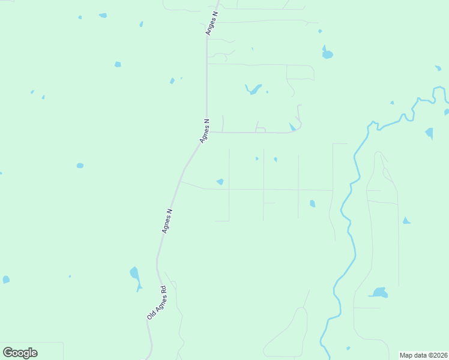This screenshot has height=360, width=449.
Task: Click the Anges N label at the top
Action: pyautogui.click(x=212, y=23)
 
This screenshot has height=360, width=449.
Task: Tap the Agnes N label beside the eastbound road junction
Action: pyautogui.click(x=205, y=131)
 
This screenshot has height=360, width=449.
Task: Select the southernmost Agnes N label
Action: pyautogui.click(x=167, y=221)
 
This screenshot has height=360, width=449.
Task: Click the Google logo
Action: pyautogui.click(x=20, y=352)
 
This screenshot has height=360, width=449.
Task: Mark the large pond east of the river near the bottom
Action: pyautogui.click(x=378, y=293)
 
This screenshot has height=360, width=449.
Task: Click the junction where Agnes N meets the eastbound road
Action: pyautogui.click(x=207, y=132)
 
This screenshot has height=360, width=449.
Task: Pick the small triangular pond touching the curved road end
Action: pyautogui.click(x=292, y=127)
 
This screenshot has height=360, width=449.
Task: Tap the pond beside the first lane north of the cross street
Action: pyautogui.click(x=220, y=182)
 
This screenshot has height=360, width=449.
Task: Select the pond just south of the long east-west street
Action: pyautogui.click(x=312, y=204)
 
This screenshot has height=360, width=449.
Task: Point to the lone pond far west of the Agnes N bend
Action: pyautogui.click(x=80, y=166)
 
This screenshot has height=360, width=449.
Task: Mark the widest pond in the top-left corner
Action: pyautogui.click(x=103, y=16)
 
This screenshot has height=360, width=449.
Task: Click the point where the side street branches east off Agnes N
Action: pyautogui.click(x=181, y=182)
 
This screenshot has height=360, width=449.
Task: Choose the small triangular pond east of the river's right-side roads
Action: pyautogui.click(x=406, y=221)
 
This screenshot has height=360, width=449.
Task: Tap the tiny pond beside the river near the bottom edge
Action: pyautogui.click(x=348, y=349)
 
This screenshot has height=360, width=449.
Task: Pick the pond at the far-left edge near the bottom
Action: pyautogui.click(x=5, y=280)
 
